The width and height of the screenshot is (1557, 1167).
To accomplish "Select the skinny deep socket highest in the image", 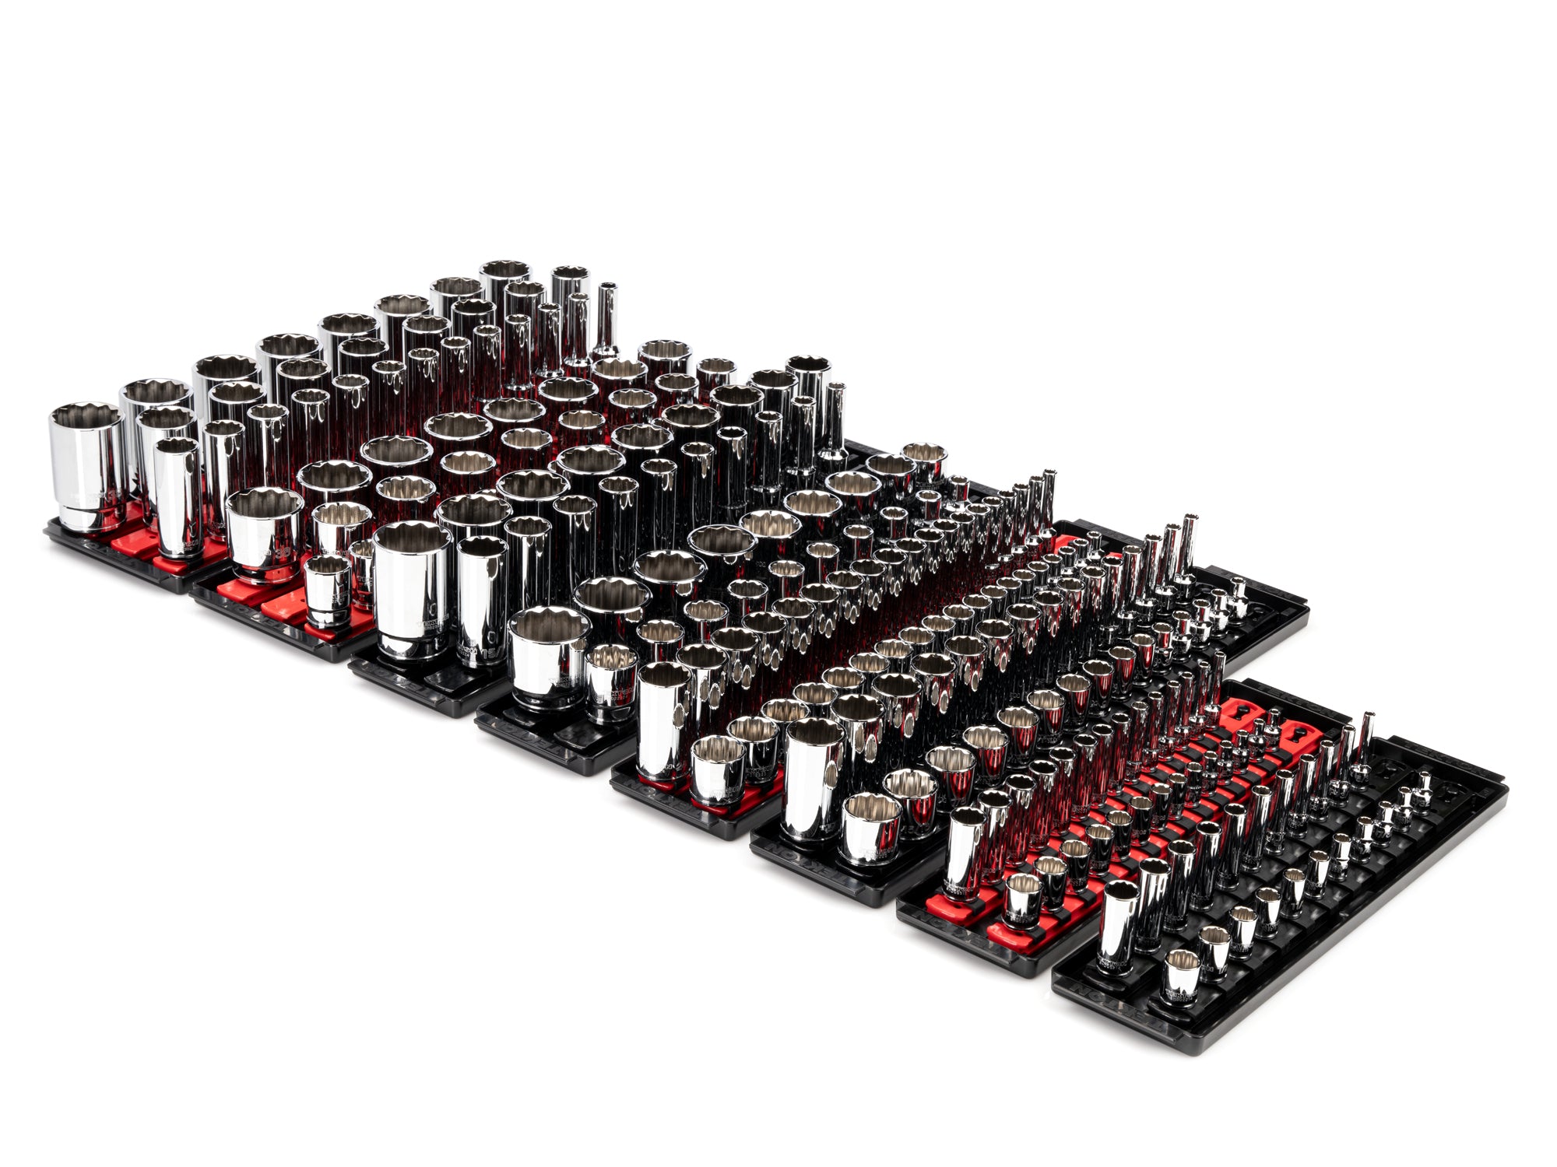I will click(606, 327).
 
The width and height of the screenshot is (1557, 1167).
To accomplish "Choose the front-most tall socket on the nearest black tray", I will click(1119, 930).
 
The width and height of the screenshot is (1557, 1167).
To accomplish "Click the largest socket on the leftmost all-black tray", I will click(411, 591).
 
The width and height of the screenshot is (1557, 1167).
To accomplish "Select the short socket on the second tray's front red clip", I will click(326, 591).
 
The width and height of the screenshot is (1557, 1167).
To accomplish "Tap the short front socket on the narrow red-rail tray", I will click(1022, 902).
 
